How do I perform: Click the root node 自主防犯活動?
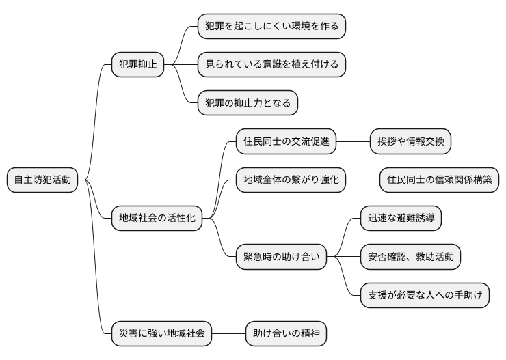click(42, 180)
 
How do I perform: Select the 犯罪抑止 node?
click(137, 65)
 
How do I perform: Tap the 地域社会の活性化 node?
click(157, 219)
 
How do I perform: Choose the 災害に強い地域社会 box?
click(161, 335)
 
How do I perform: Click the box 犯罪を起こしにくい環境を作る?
click(271, 26)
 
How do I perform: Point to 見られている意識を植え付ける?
click(271, 65)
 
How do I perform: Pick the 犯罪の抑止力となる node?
click(248, 103)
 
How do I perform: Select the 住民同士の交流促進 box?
click(286, 142)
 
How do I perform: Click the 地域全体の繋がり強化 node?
click(291, 180)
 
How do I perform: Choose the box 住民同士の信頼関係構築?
click(439, 180)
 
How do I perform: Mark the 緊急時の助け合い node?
click(281, 258)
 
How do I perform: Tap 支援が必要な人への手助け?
click(425, 296)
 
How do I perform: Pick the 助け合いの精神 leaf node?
click(286, 335)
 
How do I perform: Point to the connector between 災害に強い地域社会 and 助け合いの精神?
click(228, 335)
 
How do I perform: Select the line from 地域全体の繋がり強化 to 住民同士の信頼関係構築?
click(362, 180)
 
